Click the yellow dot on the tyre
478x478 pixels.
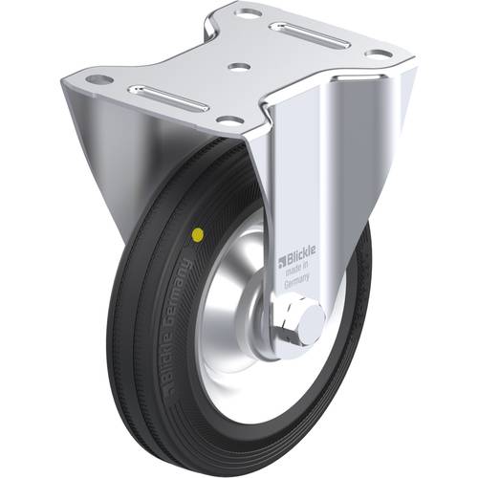point(198,232)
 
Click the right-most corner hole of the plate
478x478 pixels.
point(378,54)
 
